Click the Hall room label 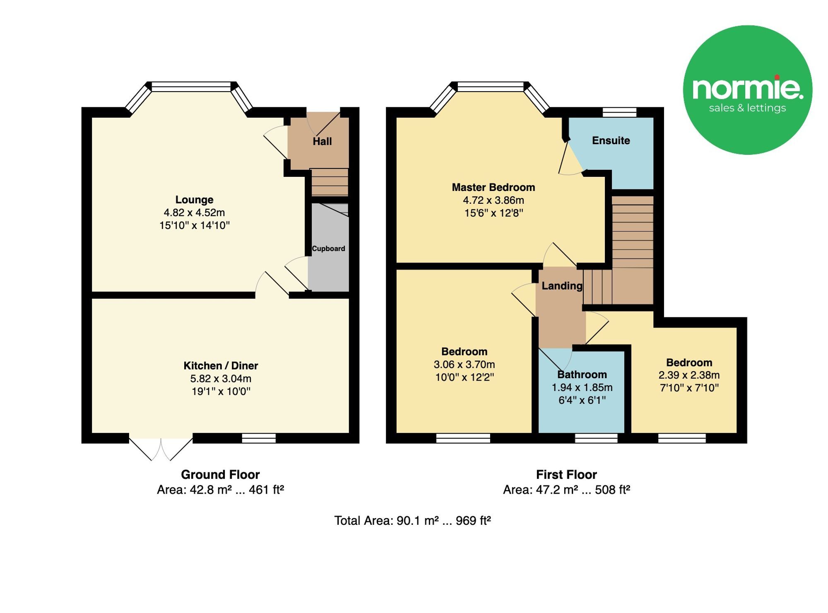pos(322,142)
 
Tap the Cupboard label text pos(328,249)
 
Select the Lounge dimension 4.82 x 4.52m pos(194,212)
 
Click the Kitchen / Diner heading pos(221,366)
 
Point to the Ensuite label pos(611,140)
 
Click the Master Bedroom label pos(493,187)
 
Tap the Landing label pos(562,286)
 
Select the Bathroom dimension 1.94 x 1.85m pos(582,388)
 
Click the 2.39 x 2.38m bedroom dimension pos(689,375)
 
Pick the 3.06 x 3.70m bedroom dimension pos(464,364)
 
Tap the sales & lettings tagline pos(747,108)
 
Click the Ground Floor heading pos(220,474)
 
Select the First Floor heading pos(566,474)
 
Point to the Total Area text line pos(412,521)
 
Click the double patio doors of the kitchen pos(161,448)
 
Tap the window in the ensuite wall pos(619,112)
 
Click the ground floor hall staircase pos(330,182)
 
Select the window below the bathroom pos(596,438)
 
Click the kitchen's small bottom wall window pos(259,438)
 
